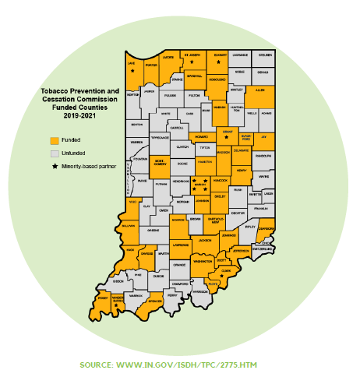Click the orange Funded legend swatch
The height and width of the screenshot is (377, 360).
tap(54, 141)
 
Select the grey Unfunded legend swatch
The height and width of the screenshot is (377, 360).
tap(54, 154)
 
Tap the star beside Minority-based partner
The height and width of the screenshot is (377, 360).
tap(54, 167)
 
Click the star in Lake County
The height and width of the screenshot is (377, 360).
tap(133, 71)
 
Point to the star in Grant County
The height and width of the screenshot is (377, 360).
tap(227, 139)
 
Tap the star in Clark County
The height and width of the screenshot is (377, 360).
tap(222, 275)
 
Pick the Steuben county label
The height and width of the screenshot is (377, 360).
tap(265, 55)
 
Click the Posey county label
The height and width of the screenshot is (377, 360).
tap(102, 298)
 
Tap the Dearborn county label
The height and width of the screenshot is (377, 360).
tap(266, 229)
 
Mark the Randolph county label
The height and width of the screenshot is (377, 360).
tap(263, 155)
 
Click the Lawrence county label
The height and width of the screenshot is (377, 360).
tap(180, 245)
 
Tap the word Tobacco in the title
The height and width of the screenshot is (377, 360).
tap(56, 91)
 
